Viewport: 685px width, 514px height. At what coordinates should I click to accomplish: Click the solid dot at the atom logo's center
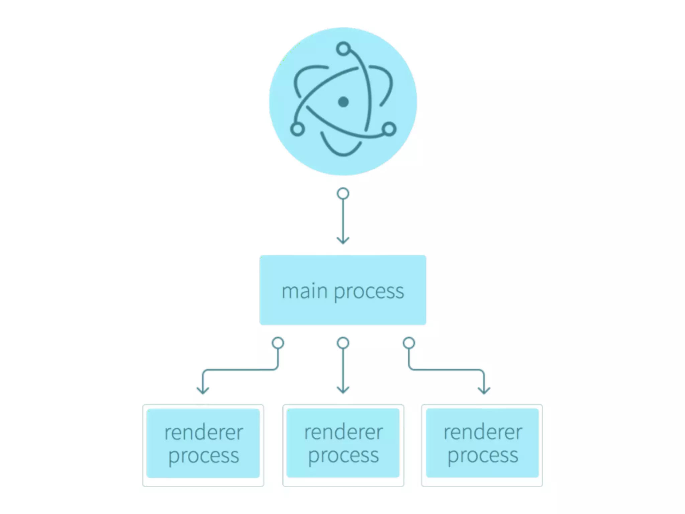coord(343,102)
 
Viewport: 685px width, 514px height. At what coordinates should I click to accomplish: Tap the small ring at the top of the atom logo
coord(344,49)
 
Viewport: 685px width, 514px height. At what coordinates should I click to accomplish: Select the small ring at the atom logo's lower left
coord(297,129)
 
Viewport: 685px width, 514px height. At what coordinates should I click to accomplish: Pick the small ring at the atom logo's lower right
coord(389,129)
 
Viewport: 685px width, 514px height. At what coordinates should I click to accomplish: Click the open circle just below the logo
coord(343,194)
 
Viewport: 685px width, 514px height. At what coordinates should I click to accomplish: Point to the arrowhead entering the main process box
coord(343,240)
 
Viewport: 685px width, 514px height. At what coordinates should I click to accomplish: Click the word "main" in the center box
coord(304,291)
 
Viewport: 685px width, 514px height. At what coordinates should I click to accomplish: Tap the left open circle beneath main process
coord(278,343)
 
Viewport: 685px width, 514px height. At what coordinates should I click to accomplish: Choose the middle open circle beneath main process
coord(343,343)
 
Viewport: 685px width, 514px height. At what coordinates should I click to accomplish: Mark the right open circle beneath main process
coord(409,343)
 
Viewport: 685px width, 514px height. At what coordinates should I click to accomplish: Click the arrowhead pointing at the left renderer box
coord(203,390)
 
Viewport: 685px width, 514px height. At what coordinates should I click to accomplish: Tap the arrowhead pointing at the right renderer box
coord(484,390)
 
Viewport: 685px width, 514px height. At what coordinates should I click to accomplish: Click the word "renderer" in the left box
coord(204,432)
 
